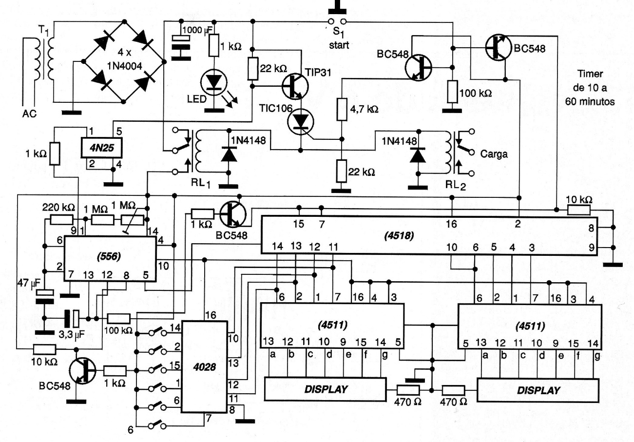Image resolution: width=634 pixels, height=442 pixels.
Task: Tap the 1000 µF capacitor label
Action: [x=198, y=29]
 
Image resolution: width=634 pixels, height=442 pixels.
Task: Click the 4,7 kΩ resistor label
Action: [x=364, y=110]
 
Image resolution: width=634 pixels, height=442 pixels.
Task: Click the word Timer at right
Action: [x=590, y=74]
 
